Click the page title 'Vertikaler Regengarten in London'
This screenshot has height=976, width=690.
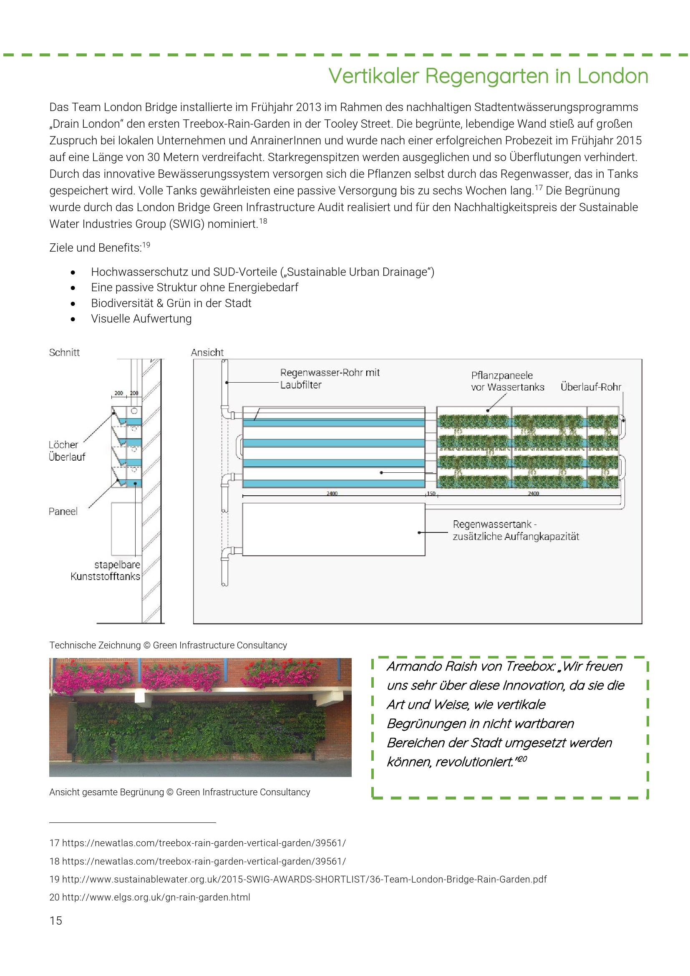point(488,76)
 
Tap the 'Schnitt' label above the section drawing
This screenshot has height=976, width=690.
point(64,353)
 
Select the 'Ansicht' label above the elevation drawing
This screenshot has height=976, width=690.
point(207,353)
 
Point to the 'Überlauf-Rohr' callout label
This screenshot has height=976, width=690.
point(591,387)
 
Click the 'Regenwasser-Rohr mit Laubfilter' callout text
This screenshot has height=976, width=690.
point(329,378)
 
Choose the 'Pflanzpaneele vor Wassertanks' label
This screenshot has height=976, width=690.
point(507,381)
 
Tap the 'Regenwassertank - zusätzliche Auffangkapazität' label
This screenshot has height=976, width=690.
point(515,530)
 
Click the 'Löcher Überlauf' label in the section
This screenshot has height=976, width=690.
point(67,451)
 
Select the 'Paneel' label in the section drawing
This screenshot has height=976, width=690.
point(63,512)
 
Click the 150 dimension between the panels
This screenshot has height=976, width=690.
point(431,494)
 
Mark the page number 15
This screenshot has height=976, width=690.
point(55,921)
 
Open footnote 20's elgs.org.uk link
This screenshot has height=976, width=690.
point(156,897)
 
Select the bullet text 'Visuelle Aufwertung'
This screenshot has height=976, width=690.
point(141,319)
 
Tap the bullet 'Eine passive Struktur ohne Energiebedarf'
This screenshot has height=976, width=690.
point(194,288)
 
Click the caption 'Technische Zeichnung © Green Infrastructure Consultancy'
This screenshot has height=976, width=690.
point(168,645)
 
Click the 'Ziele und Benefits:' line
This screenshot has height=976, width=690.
point(95,248)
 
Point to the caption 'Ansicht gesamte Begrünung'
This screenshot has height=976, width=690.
point(106,792)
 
